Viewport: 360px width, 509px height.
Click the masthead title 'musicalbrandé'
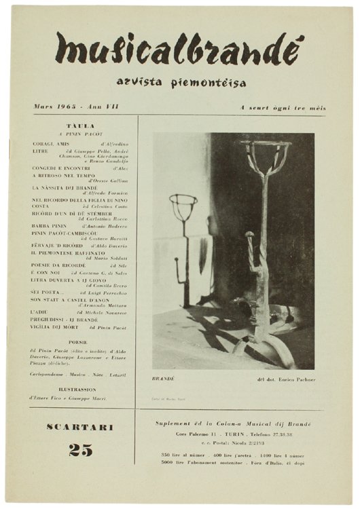coord(179,50)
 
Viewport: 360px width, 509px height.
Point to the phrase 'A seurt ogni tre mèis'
coord(283,108)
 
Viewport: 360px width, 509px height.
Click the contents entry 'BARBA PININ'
coord(50,225)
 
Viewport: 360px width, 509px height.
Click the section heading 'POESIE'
coord(77,342)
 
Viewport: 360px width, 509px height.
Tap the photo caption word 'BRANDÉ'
coord(165,379)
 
